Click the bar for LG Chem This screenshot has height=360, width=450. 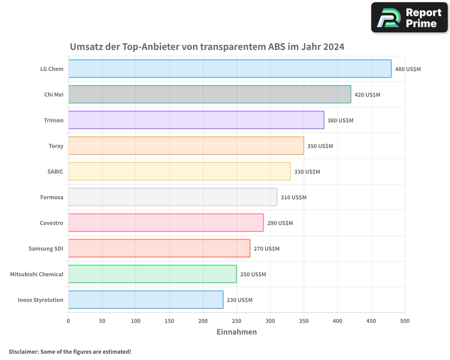tap(229, 69)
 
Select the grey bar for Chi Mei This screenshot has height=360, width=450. tap(209, 94)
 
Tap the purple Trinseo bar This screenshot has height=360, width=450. tap(196, 120)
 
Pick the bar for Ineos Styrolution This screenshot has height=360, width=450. tap(145, 300)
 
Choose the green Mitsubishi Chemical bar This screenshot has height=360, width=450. tap(152, 274)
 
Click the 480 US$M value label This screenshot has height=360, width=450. tap(408, 69)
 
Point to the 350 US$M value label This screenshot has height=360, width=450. tap(320, 146)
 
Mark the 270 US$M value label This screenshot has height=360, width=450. tap(266, 249)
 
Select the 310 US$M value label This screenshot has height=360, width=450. tap(293, 198)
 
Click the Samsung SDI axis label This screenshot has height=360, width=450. tap(46, 249)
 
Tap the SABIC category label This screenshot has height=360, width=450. tap(55, 172)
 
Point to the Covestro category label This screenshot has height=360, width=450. tap(51, 223)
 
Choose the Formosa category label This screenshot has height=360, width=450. tap(52, 198)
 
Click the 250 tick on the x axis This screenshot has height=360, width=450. tap(236, 321)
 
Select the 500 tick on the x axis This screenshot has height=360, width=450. tap(405, 321)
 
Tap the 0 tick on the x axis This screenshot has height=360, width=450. tap(68, 321)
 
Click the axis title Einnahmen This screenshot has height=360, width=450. tap(237, 332)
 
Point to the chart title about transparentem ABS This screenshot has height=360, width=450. tap(207, 47)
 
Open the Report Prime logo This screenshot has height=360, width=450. tap(409, 18)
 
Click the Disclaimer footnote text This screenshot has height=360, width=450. tap(70, 351)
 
